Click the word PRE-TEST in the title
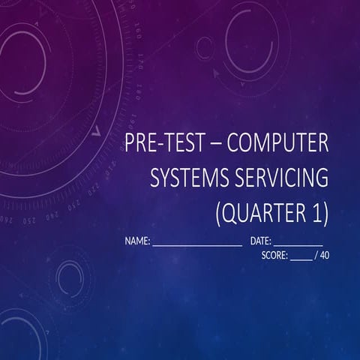162,141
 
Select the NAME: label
138,241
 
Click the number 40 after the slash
324,255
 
